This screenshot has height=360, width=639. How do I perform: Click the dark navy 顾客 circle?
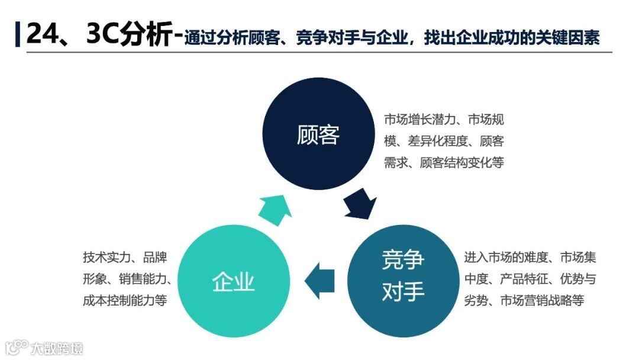318,135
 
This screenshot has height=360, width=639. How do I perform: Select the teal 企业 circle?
233,282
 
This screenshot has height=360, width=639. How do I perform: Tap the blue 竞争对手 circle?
403,275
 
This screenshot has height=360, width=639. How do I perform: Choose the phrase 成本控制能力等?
125,301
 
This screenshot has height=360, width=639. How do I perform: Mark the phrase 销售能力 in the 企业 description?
140,279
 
